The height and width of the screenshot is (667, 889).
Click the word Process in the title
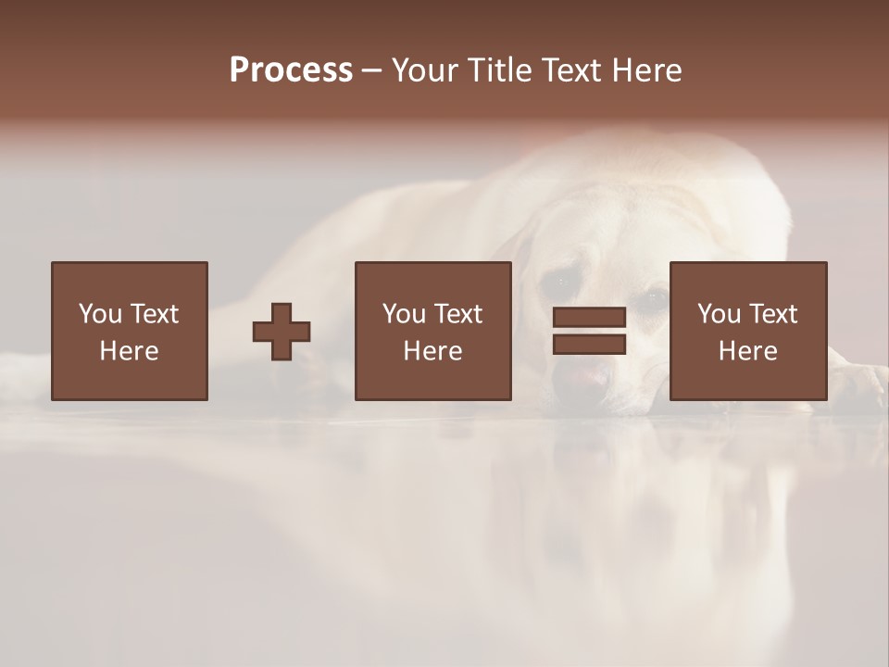tap(291, 70)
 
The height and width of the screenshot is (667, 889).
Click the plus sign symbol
tap(282, 331)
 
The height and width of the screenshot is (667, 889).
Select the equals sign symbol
tap(589, 331)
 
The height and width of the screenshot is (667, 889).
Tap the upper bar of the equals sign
tap(589, 317)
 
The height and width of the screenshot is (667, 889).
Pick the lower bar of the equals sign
tap(589, 345)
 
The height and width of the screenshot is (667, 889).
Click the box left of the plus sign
tap(130, 331)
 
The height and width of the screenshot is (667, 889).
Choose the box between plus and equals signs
tap(432, 331)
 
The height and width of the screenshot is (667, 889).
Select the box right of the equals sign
tap(747, 331)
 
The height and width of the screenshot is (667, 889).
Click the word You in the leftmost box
tap(100, 313)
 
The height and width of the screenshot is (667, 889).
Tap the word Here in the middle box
tap(432, 351)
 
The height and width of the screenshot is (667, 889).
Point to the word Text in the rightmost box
tap(775, 313)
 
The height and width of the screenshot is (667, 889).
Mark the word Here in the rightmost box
tap(747, 351)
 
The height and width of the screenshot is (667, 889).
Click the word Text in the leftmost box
tap(156, 313)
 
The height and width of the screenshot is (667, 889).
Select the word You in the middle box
tap(404, 313)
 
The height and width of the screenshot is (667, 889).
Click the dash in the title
tap(372, 71)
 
